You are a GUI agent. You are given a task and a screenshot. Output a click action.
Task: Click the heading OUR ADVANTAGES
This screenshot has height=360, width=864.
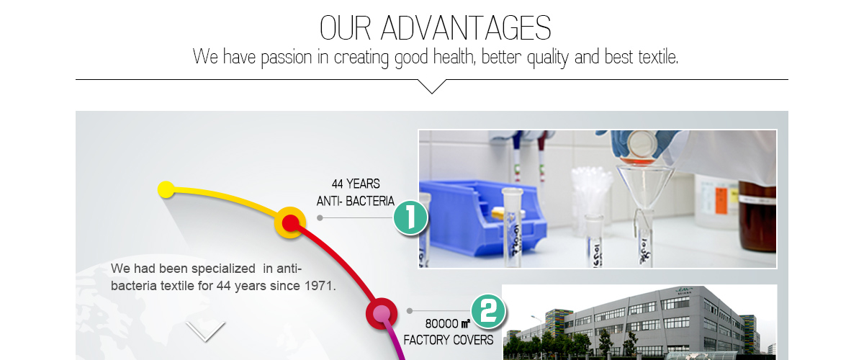coord(436,28)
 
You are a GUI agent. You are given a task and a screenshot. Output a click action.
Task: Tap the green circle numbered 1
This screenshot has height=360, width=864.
coord(410,217)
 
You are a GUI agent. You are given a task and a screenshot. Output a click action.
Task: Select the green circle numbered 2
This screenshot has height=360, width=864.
coord(488,311)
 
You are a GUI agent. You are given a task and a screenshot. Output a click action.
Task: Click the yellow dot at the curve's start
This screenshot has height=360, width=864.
coord(166,190)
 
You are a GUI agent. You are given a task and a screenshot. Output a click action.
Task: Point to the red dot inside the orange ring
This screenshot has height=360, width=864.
coord(290,222)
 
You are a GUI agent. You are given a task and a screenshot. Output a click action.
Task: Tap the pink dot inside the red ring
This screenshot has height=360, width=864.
coord(382,313)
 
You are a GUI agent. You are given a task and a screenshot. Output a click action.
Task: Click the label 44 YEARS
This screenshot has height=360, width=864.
coord(356,184)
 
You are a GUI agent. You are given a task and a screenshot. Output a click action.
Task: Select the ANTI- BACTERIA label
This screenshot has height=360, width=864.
coord(356,201)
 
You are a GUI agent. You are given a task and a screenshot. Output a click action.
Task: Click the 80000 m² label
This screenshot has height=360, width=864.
coord(447,323)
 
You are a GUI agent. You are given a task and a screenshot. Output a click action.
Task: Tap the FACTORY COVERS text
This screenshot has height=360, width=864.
coord(448,340)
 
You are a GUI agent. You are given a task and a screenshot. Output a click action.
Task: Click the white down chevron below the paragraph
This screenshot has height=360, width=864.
coord(205,331)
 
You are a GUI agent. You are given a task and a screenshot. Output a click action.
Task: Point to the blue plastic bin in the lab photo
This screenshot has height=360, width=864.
coord(482,219)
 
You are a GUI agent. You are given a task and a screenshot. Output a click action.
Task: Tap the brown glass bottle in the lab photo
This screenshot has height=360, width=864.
coord(757,215)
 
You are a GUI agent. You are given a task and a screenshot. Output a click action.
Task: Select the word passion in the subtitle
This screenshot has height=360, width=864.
coord(287,58)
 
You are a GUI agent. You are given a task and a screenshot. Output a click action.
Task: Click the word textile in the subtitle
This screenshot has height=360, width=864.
coord(658,57)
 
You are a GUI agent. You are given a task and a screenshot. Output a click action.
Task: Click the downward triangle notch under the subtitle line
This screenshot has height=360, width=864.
coord(432,86)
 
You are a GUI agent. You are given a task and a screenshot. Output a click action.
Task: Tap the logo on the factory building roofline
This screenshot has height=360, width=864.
coord(683,291)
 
